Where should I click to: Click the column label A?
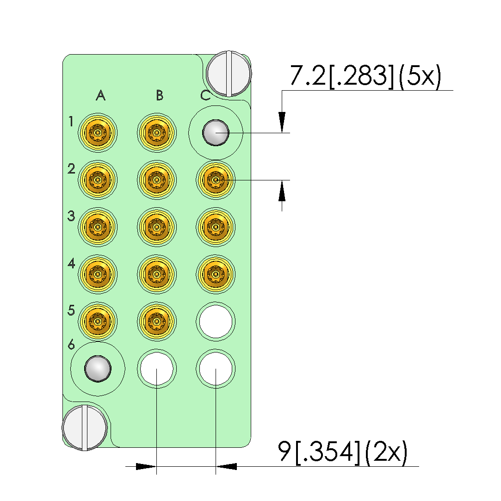tap(100, 95)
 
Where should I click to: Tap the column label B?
tap(160, 95)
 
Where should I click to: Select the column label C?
tap(205, 95)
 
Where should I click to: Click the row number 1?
tap(71, 122)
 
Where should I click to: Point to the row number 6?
tap(71, 345)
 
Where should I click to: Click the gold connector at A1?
tap(98, 133)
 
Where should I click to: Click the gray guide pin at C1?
tap(216, 133)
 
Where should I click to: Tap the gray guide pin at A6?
tap(98, 369)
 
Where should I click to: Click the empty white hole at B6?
tap(157, 369)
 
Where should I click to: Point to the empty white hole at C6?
tap(216, 369)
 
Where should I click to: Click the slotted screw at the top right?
tap(229, 73)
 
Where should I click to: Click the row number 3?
tap(71, 216)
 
